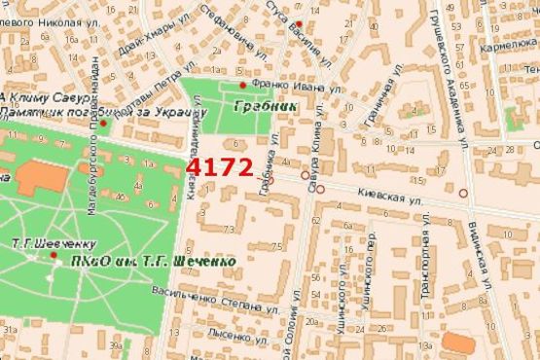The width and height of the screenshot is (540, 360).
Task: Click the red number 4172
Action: [219, 167]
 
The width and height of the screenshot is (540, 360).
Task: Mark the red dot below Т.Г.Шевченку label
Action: [54, 255]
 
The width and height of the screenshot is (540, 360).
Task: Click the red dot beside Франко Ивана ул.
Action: [242, 86]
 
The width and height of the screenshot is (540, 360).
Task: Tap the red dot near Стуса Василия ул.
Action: [300, 23]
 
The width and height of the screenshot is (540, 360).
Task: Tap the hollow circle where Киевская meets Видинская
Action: [463, 194]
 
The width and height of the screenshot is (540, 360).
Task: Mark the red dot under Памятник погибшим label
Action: [104, 123]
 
